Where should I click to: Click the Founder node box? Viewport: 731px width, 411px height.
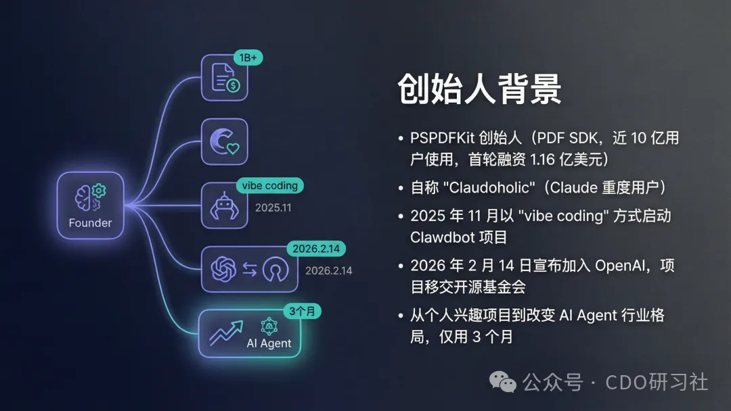pos(90,205)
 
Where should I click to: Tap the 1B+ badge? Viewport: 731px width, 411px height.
pos(248,57)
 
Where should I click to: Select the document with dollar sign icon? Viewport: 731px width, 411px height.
pos(225,78)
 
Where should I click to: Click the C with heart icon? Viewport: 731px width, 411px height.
pos(225,141)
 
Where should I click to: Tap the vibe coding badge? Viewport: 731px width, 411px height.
pos(269,185)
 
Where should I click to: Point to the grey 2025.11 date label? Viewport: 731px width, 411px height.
pos(273,208)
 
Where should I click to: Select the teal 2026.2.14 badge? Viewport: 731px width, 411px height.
pos(316,249)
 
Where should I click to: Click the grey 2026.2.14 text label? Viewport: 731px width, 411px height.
pos(328,270)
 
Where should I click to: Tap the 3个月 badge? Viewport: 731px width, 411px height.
pos(301,312)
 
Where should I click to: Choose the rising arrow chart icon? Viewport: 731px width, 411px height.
pos(225,332)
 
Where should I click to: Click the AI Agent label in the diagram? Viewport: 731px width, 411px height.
pos(269,343)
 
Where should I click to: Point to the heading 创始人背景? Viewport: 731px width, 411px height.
pos(479,89)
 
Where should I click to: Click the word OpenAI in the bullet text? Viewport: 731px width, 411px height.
pos(622,266)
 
